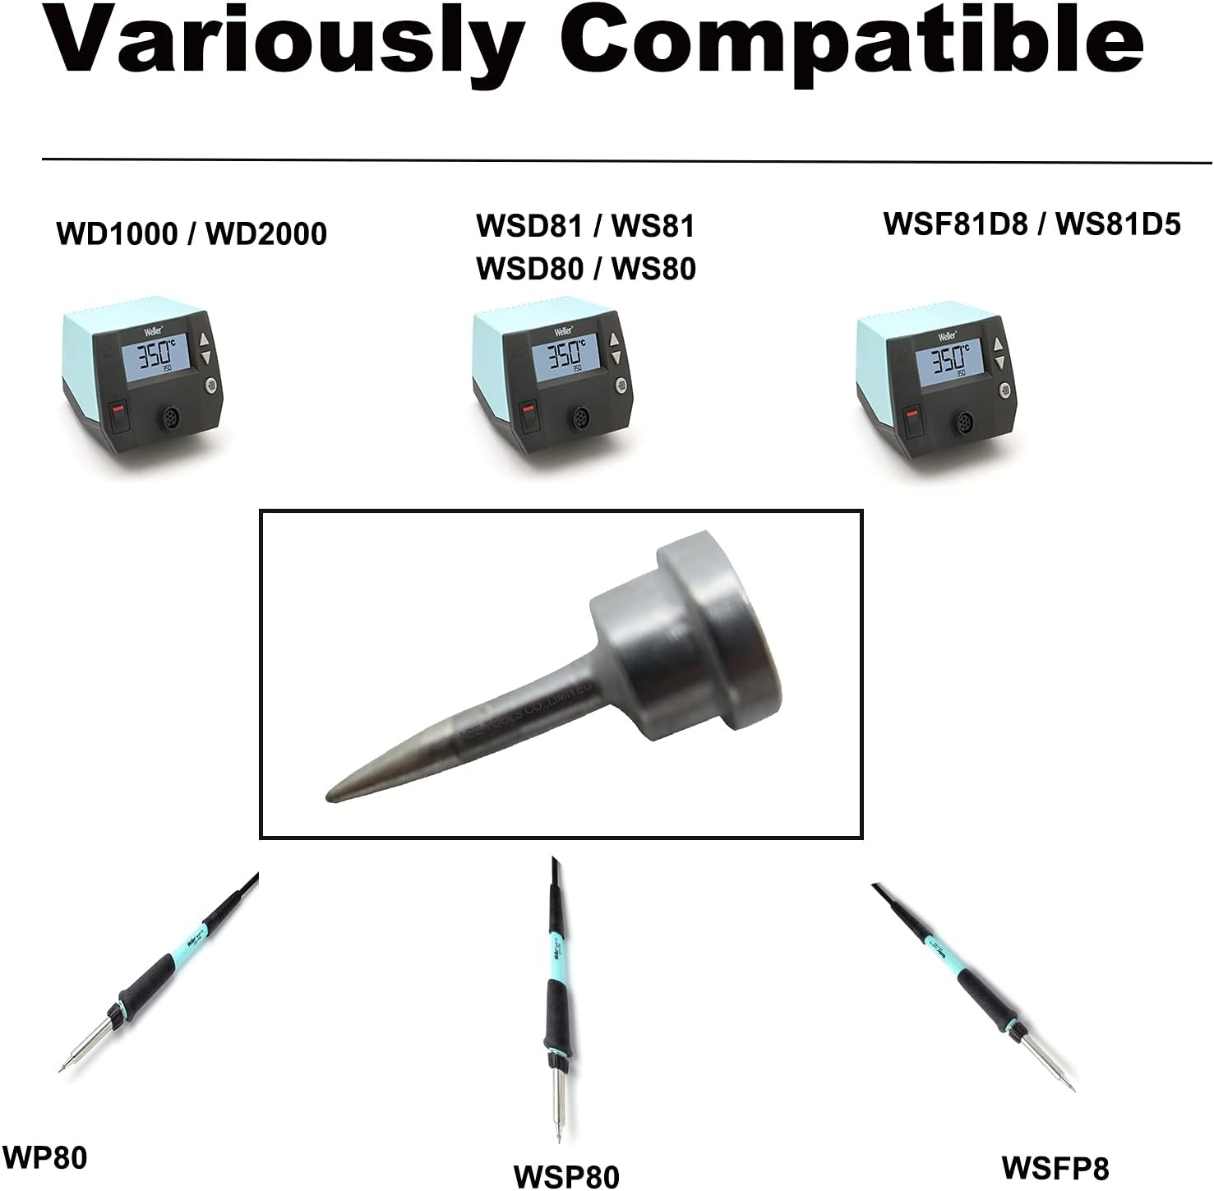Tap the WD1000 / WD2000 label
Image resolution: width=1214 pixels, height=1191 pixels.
coord(192,233)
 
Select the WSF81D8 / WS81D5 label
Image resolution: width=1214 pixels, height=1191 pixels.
coord(1032,224)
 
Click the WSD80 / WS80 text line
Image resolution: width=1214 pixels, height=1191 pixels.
coord(586,268)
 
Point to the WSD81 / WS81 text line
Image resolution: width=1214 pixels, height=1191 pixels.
coord(585,226)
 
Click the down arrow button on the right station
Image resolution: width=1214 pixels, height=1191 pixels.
coord(999,362)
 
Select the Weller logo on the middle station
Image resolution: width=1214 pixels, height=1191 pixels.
coord(564,331)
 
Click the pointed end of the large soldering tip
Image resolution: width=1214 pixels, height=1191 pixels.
coord(333,795)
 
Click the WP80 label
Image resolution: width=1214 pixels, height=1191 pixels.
coord(45,1158)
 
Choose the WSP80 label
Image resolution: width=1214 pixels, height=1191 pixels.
coord(566,1175)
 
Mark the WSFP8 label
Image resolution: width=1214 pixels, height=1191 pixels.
coord(1055,1167)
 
